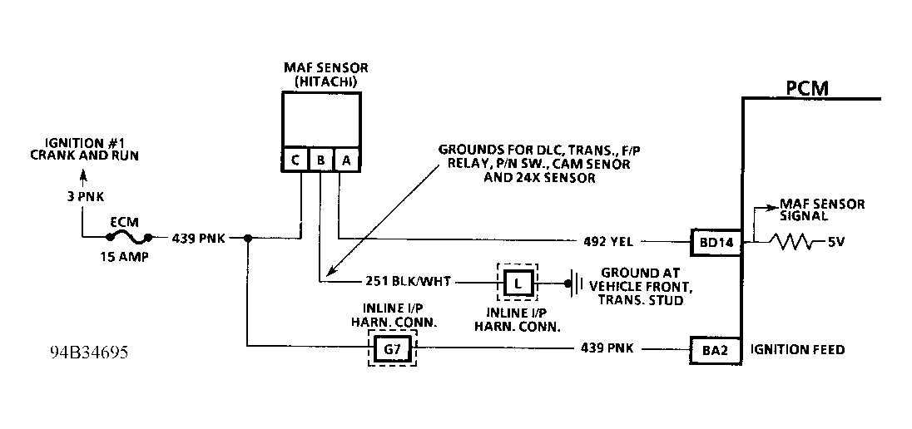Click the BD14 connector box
click(715, 243)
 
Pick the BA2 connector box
click(715, 350)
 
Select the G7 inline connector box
click(391, 350)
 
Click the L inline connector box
click(518, 284)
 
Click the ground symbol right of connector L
click(572, 284)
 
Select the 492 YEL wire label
click(608, 243)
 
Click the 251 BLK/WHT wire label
click(408, 283)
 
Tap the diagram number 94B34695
click(88, 353)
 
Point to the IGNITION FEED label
click(797, 350)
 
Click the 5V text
click(837, 243)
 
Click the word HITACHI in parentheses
click(321, 81)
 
